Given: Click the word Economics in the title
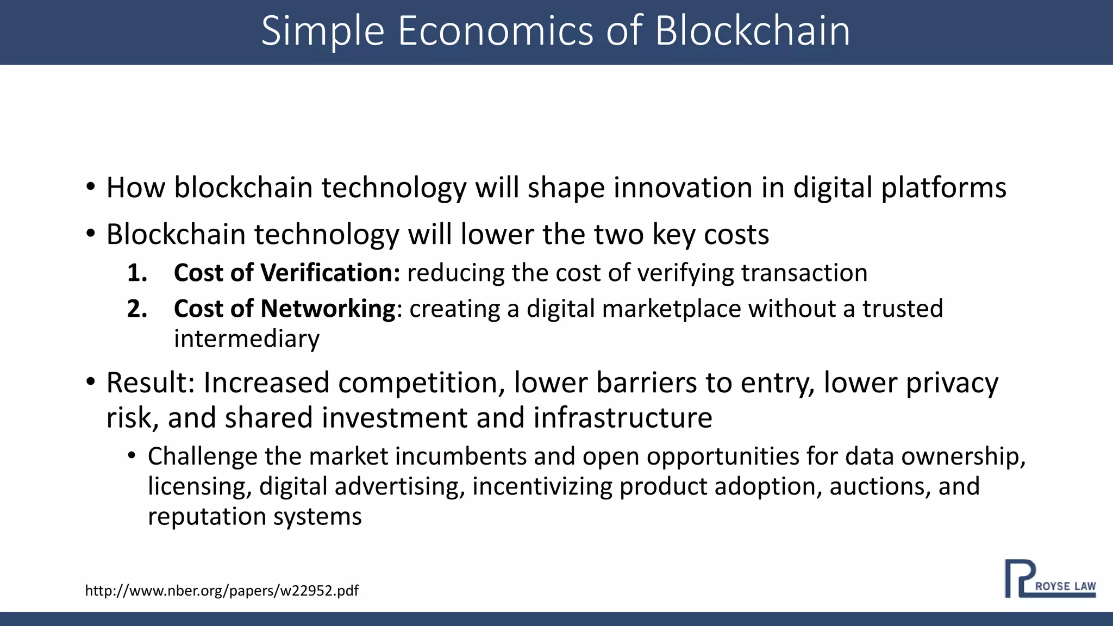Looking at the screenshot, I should coord(496,31).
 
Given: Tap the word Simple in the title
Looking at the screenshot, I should coord(323,31).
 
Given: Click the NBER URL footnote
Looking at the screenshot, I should coord(222,591).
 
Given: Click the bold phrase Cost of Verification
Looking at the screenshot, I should coord(286,273).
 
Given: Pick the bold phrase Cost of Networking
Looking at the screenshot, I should coord(284,309).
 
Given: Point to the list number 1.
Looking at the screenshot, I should coord(137,273).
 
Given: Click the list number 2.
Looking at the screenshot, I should coord(137,309).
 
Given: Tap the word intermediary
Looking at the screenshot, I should coord(247,340).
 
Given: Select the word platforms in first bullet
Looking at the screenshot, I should coord(943,188).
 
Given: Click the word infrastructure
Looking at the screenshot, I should coord(623,418).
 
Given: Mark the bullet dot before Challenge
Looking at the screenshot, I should coord(132,456).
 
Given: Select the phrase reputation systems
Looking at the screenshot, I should coord(254,516).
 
